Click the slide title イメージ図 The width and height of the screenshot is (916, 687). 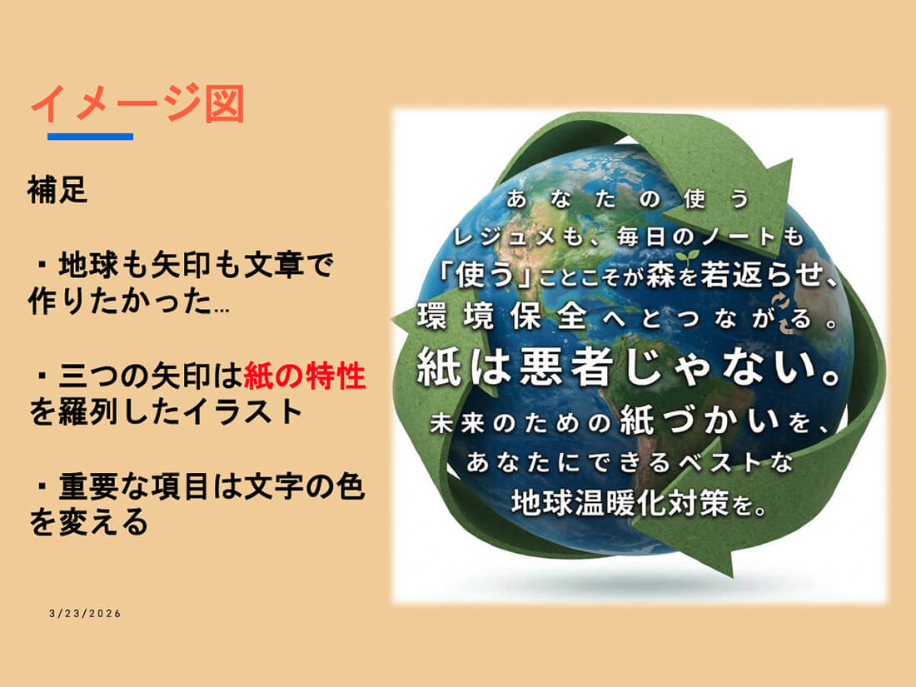[x=137, y=103]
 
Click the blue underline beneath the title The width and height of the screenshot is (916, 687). [x=91, y=137]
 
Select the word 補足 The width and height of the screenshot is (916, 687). [x=57, y=190]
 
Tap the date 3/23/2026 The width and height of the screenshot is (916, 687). [x=85, y=614]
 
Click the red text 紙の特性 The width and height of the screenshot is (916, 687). [x=304, y=376]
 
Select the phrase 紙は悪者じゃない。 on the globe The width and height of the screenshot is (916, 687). [x=629, y=367]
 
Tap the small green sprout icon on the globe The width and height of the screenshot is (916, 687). [x=688, y=257]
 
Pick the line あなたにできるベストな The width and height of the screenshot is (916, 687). [x=630, y=463]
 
